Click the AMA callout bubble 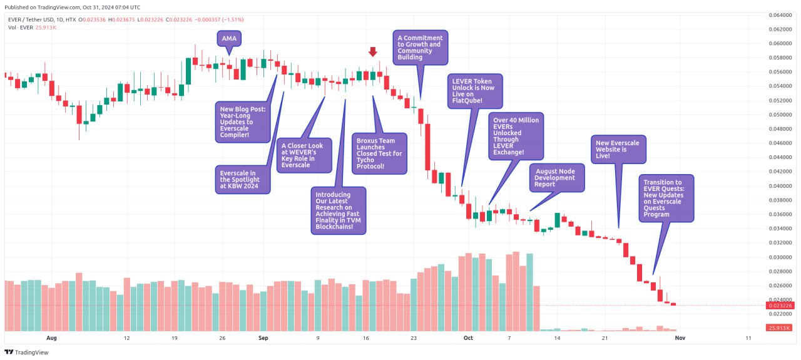click(230, 39)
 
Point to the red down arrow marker click(373, 52)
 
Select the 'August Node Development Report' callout click(556, 177)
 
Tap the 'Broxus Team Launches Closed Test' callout click(379, 153)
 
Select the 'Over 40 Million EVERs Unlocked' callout click(515, 135)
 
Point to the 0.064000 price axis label click(780, 15)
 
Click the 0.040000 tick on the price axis click(780, 186)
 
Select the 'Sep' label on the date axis click(263, 338)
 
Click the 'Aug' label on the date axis click(51, 338)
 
